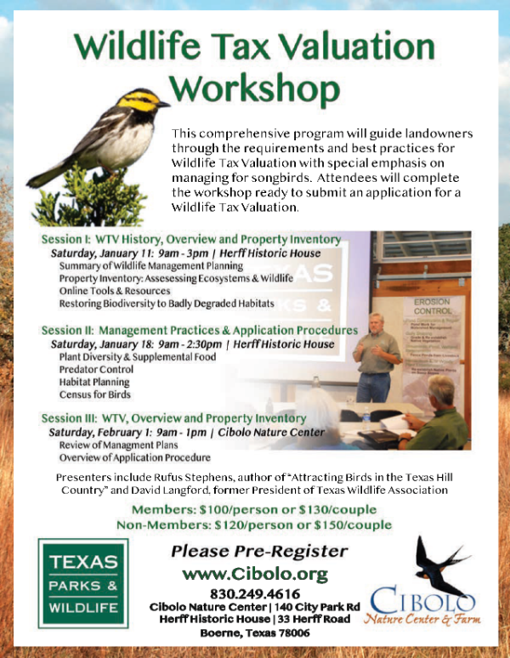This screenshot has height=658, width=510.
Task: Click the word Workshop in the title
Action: point(254,89)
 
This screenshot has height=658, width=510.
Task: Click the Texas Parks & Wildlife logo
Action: point(83,583)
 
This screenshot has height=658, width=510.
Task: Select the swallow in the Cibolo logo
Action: point(440,564)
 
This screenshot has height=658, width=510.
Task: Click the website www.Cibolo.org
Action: point(255,574)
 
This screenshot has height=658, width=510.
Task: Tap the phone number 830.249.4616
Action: point(255,593)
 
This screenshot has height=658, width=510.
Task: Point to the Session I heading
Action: point(191,239)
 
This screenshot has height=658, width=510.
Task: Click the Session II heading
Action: point(200,330)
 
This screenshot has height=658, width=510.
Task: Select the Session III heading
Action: point(173,418)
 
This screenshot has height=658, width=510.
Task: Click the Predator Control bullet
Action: point(96,369)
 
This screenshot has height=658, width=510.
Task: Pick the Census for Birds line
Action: point(95,394)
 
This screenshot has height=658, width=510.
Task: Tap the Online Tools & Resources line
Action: point(115,291)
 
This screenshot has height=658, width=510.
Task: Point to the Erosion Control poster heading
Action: point(433,306)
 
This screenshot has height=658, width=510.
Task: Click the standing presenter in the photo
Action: point(376,357)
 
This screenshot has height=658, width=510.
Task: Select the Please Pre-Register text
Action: point(259,551)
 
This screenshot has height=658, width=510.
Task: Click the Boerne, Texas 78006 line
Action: point(255,632)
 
